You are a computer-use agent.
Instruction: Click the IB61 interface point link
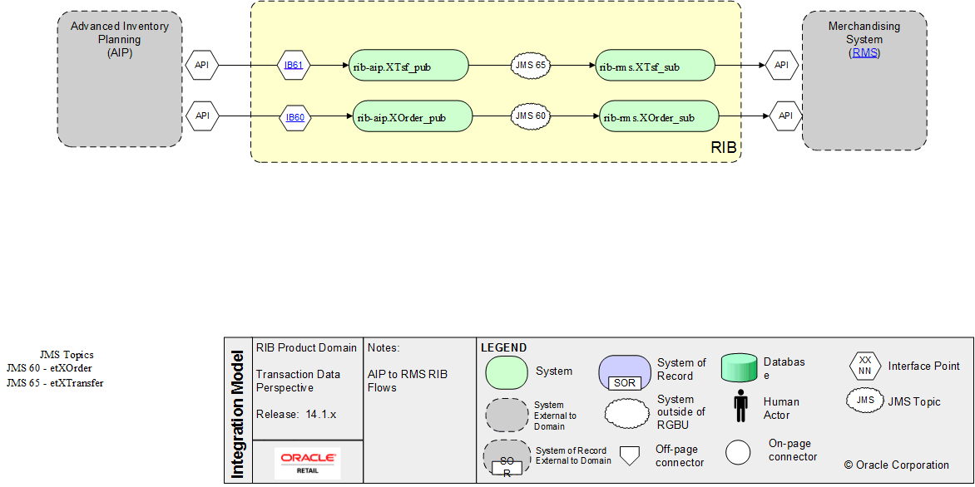coord(294,65)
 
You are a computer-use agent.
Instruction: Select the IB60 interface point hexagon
coord(295,117)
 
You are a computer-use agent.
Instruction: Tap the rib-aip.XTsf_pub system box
coord(408,66)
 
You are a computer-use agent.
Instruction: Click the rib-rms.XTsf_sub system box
coord(655,66)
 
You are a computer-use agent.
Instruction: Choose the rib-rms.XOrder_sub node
coord(660,117)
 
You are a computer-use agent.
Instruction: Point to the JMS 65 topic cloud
coord(530,65)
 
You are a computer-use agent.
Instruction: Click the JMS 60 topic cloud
coord(530,116)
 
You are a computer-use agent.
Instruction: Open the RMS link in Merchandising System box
coord(864,52)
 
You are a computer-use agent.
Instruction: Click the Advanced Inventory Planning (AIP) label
coord(120,39)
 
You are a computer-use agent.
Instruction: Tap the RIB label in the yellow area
coord(723,148)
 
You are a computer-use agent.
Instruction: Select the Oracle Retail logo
coord(308,462)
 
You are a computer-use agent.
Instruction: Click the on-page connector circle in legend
coord(738,451)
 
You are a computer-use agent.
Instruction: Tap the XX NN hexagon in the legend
coord(864,366)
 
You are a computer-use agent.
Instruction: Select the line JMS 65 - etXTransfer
coord(55,383)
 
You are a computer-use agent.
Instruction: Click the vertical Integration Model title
coord(238,414)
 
